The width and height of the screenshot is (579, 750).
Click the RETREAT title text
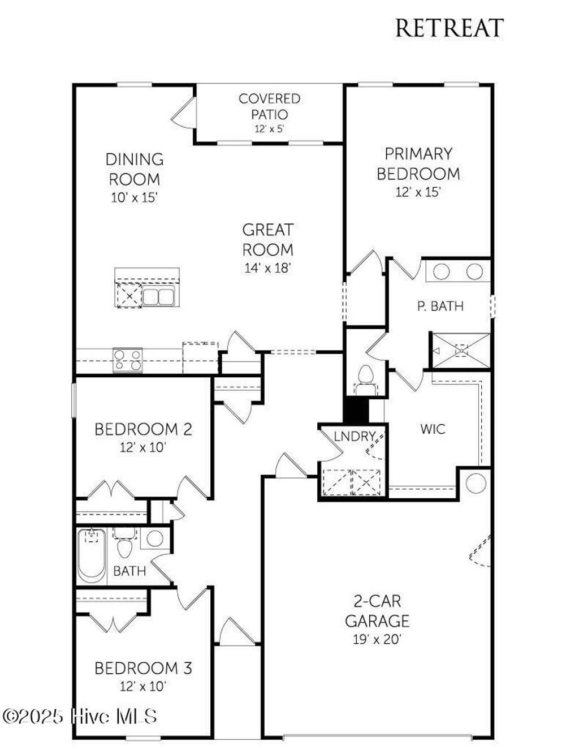coord(449,28)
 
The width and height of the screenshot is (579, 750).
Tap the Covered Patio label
coord(269,106)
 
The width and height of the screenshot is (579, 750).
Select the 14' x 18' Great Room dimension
coord(267,268)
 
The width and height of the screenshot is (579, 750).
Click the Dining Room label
coord(134,169)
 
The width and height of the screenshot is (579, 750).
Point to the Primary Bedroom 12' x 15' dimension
coord(418,192)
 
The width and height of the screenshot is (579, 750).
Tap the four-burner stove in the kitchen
coord(127,360)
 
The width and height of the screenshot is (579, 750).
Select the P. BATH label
coord(440,306)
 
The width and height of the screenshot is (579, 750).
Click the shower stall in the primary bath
coord(461,351)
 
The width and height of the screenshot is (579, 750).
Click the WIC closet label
coord(433,429)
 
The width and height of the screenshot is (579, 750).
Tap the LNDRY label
coord(355,436)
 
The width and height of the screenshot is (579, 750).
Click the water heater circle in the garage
coord(476,484)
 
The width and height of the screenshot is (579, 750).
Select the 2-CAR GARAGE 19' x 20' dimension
coord(377,640)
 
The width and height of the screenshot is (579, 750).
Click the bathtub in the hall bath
coord(92,557)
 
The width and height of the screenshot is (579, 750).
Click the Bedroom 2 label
coord(143,429)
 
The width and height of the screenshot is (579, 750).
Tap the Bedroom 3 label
coord(143,669)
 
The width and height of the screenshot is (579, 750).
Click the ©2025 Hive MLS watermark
coord(80,717)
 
